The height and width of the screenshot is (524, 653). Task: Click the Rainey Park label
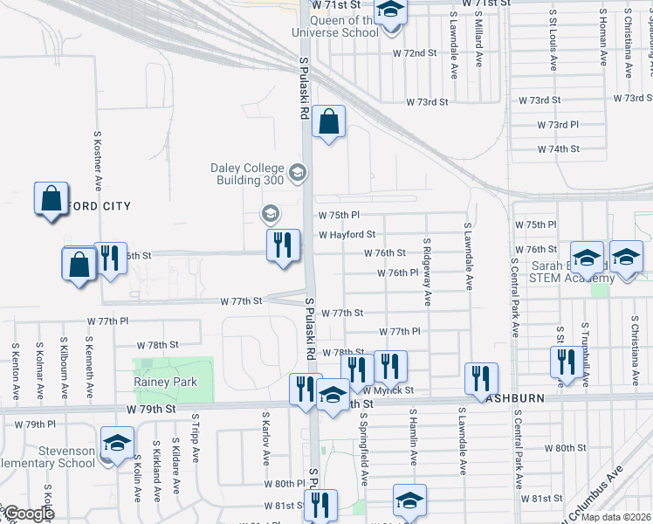[165, 382]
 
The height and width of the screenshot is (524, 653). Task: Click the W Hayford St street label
[347, 235]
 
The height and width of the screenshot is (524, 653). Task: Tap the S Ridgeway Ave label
[427, 272]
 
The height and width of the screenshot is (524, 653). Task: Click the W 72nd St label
[414, 53]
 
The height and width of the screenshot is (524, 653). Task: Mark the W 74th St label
[559, 149]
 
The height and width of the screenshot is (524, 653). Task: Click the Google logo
[28, 514]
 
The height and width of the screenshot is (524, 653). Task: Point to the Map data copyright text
[615, 517]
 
